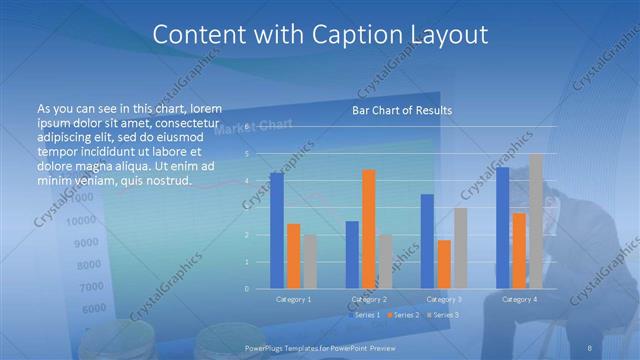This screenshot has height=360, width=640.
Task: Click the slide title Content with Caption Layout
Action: [x=320, y=34]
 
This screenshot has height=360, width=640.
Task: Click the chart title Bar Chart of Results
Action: [x=402, y=110]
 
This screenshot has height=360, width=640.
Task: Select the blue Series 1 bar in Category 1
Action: [x=277, y=231]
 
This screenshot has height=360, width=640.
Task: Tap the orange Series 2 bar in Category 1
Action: [x=293, y=256]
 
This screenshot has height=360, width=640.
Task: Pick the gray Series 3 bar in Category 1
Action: [x=309, y=262]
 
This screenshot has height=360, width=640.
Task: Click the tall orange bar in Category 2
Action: [x=368, y=229]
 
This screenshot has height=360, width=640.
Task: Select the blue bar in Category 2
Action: [x=352, y=255]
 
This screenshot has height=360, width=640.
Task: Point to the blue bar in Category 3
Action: [x=427, y=241]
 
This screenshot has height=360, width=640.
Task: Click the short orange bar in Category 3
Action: [x=443, y=264]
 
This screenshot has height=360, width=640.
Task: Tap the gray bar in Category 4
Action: [x=535, y=221]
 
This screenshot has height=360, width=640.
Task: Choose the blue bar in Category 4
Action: [x=502, y=228]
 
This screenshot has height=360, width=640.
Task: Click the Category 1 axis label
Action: [x=293, y=299]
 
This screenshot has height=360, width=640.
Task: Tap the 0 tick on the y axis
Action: [x=247, y=289]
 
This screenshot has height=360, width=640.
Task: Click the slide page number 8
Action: [x=591, y=347]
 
